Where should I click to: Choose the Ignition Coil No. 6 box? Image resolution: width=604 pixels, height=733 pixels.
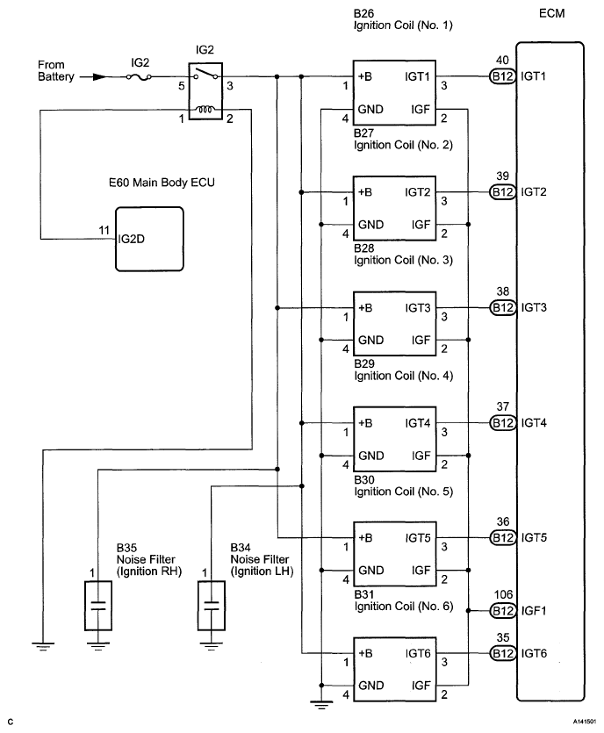click(393, 669)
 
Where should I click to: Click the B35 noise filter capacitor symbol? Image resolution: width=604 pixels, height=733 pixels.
click(98, 604)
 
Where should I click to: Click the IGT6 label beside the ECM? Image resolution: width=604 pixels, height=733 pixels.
click(535, 653)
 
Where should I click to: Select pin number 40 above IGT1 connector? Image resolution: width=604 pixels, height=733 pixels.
click(502, 60)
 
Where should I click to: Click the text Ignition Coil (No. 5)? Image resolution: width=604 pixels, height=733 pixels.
click(403, 491)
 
